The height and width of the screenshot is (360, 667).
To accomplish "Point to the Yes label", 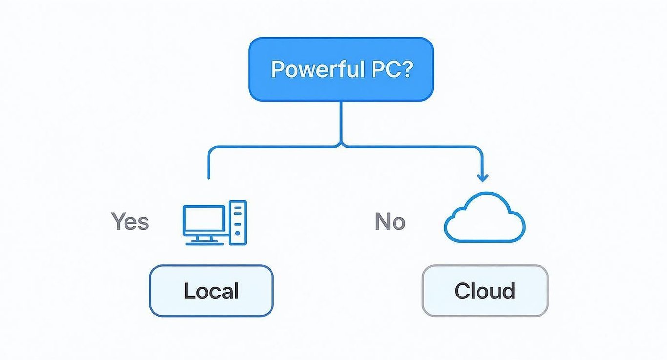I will click(130, 221).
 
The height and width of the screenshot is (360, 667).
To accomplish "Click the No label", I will click(390, 222).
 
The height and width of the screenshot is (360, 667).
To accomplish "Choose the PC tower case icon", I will click(238, 223).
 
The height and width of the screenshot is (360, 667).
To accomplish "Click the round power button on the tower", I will click(238, 233).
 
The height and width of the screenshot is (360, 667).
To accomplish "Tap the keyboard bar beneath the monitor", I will click(204, 243).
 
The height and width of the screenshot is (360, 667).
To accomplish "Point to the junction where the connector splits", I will click(341, 145).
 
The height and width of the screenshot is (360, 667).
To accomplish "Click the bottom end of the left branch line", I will click(208, 177).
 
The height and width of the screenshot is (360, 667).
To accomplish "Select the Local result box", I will click(211, 291).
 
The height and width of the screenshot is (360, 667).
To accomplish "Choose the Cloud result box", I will click(485, 291).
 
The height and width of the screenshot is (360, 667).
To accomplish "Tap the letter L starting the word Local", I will click(188, 291).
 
